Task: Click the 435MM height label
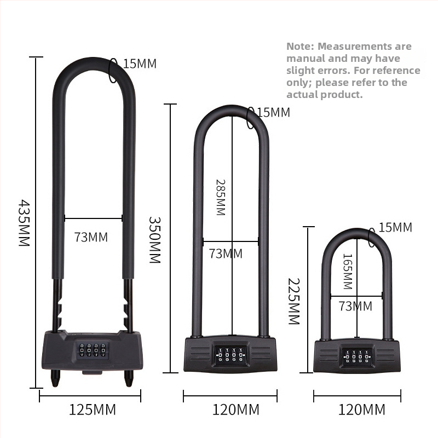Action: click(x=24, y=223)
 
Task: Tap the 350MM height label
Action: click(x=154, y=240)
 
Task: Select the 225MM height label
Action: click(x=293, y=301)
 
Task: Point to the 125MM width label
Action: click(x=92, y=410)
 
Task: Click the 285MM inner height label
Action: click(x=221, y=198)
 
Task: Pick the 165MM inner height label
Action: click(x=347, y=271)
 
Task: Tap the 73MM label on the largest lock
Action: click(x=91, y=237)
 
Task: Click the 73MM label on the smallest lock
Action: click(x=355, y=306)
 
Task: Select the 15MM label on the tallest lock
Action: click(x=140, y=64)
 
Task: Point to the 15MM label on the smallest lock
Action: click(x=395, y=227)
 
